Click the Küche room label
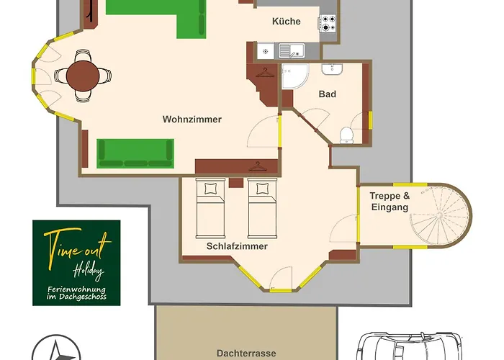pyautogui.click(x=286, y=22)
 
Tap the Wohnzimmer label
pyautogui.click(x=192, y=120)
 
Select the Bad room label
pyautogui.click(x=327, y=94)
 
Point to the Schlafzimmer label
pyautogui.click(x=237, y=246)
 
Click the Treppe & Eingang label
pyautogui.click(x=390, y=201)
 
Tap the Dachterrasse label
pyautogui.click(x=246, y=354)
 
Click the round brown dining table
pyautogui.click(x=83, y=76)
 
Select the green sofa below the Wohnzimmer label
pyautogui.click(x=135, y=153)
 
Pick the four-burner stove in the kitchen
pyautogui.click(x=328, y=24)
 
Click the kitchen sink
pyautogui.click(x=292, y=50)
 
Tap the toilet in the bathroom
pyautogui.click(x=346, y=135)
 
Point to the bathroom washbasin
pyautogui.click(x=332, y=69)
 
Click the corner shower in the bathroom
pyautogui.click(x=294, y=76)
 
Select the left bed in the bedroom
pyautogui.click(x=210, y=208)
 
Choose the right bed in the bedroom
pyautogui.click(x=262, y=208)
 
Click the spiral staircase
pyautogui.click(x=440, y=215)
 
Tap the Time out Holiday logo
pyautogui.click(x=76, y=263)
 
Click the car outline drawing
pyautogui.click(x=410, y=346)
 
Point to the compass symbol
pyautogui.click(x=56, y=348)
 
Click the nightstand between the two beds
pyautogui.click(x=236, y=183)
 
